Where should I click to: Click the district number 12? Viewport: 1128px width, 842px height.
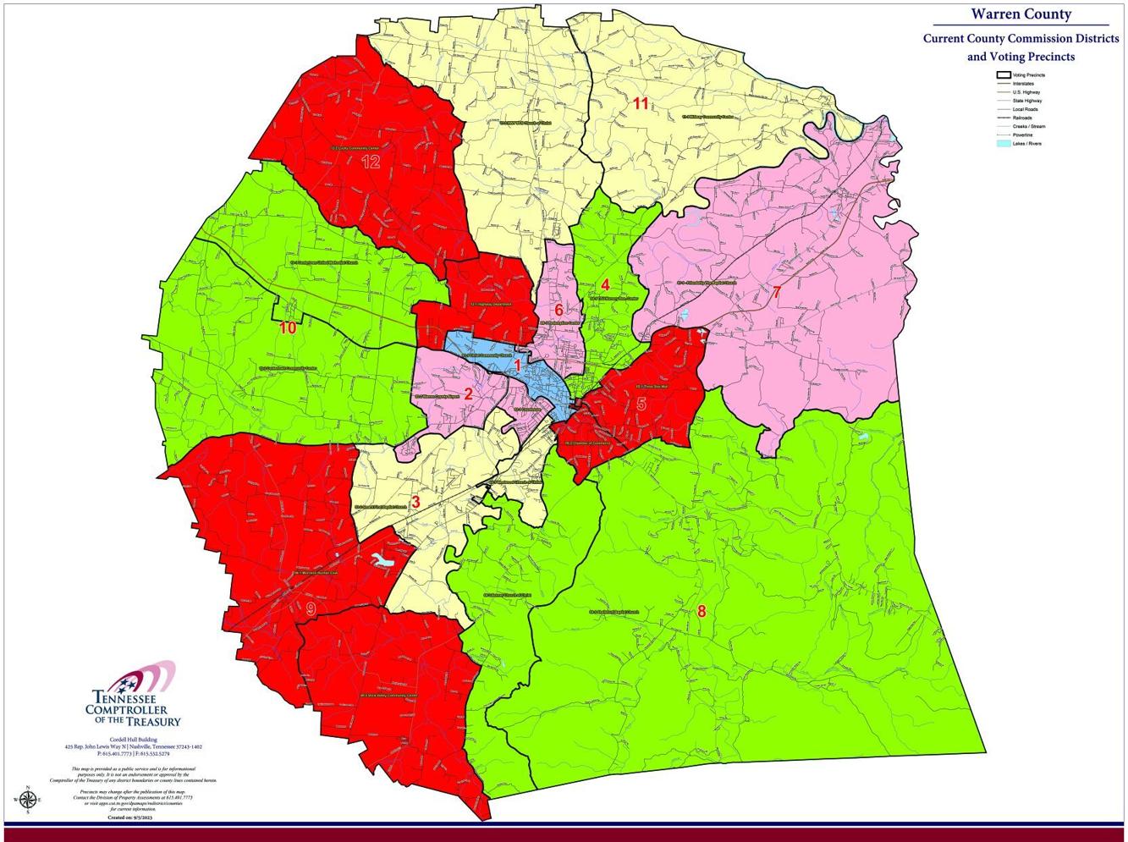371,162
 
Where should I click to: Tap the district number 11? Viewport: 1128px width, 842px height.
641,103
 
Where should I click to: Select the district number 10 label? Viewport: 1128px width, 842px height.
288,327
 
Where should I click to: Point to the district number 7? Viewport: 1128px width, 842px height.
776,293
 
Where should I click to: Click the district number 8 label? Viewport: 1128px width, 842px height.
701,611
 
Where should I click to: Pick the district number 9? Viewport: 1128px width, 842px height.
311,609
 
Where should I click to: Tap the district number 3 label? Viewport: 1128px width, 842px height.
415,502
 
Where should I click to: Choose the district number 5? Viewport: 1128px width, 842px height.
641,404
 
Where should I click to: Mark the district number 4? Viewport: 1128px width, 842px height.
605,284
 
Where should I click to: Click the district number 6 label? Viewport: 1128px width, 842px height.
558,310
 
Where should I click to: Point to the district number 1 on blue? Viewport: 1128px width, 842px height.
517,363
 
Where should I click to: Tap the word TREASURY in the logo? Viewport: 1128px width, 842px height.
154,721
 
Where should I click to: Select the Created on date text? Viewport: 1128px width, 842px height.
132,818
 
